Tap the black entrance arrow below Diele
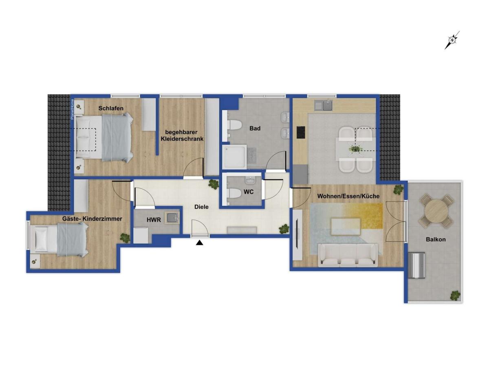pos(199,243)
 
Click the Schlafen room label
pos(111,108)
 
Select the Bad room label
pos(255,128)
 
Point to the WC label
pos(249,192)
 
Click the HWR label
pos(154,220)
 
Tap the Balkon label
pos(436,239)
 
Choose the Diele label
pos(201,207)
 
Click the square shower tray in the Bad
pos(235,157)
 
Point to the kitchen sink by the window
pos(323,105)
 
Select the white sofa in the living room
pos(348,255)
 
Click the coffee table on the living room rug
pos(346,226)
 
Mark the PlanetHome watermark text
pos(72,109)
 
